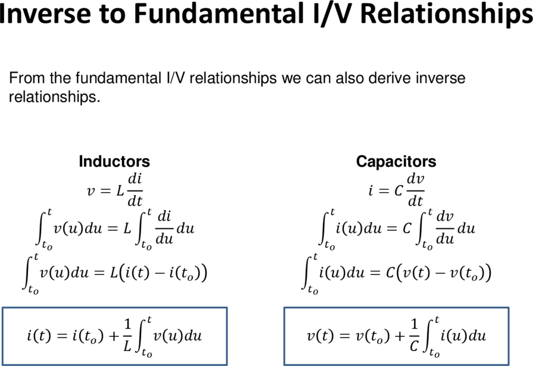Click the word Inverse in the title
(x=44, y=13)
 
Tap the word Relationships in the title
(x=446, y=15)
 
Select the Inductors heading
(x=114, y=161)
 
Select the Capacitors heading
(x=396, y=161)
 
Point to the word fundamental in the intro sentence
(x=118, y=78)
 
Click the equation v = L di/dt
(x=115, y=190)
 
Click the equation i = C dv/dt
(x=397, y=190)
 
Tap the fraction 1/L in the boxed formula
(x=127, y=335)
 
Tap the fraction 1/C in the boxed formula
(x=414, y=335)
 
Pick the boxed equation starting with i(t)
(x=114, y=336)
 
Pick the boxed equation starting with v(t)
(x=397, y=336)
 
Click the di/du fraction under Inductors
(x=164, y=227)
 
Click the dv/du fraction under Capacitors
(x=445, y=227)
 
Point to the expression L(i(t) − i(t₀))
(x=159, y=273)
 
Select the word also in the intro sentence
(x=350, y=78)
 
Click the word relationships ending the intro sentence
(x=54, y=97)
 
